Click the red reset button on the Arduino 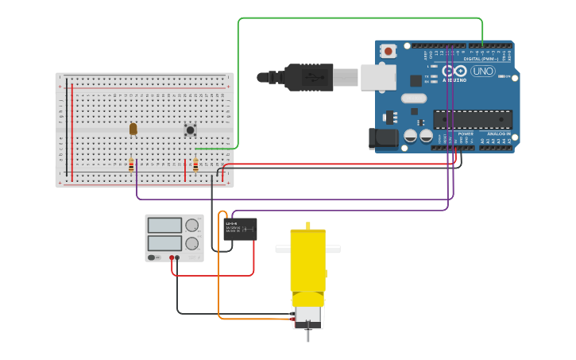pyautogui.click(x=389, y=51)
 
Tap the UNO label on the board pyautogui.click(x=482, y=72)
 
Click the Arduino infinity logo pyautogui.click(x=455, y=71)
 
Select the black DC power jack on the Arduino pyautogui.click(x=384, y=138)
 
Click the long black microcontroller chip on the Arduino pyautogui.click(x=472, y=119)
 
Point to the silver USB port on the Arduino pyautogui.click(x=378, y=77)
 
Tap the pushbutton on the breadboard pyautogui.click(x=190, y=129)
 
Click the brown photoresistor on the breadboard pyautogui.click(x=133, y=128)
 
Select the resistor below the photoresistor pyautogui.click(x=131, y=165)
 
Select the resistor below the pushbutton pyautogui.click(x=195, y=165)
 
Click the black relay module pyautogui.click(x=240, y=229)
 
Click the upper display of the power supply pyautogui.click(x=164, y=226)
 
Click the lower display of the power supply pyautogui.click(x=164, y=242)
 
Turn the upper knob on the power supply pyautogui.click(x=192, y=226)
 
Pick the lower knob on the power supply pyautogui.click(x=192, y=244)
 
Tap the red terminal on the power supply pyautogui.click(x=172, y=258)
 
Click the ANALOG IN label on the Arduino pyautogui.click(x=500, y=134)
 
